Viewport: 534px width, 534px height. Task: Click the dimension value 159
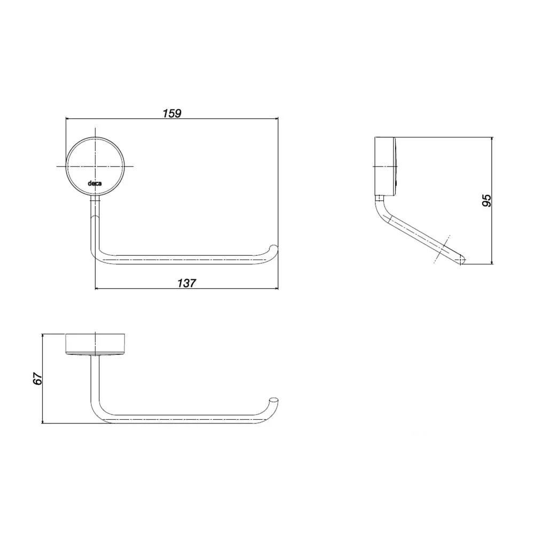click(x=172, y=113)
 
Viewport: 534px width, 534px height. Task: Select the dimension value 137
click(x=186, y=283)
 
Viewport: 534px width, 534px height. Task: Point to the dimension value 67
click(x=37, y=379)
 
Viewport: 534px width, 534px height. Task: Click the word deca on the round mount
click(x=95, y=184)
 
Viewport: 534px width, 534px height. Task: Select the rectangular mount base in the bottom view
click(x=96, y=344)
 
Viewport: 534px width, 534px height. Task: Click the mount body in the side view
click(x=386, y=166)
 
